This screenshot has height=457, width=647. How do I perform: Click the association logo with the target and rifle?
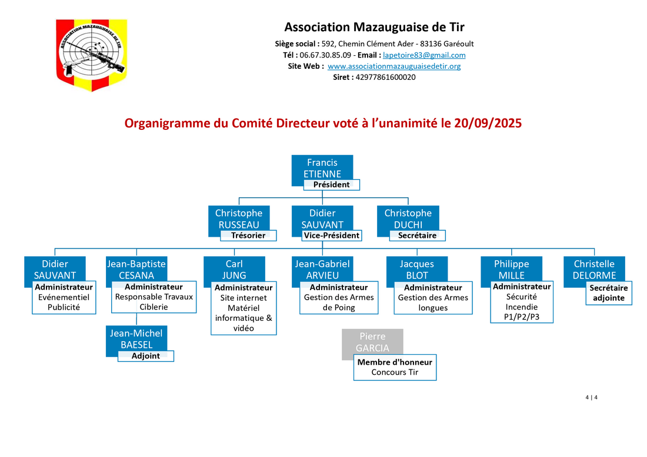(x=91, y=55)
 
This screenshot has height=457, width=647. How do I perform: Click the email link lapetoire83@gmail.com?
(x=424, y=55)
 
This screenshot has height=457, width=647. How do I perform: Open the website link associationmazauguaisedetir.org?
(x=394, y=66)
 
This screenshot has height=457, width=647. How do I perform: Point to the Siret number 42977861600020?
(x=385, y=77)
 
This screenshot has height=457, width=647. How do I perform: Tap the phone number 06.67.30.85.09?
(x=325, y=55)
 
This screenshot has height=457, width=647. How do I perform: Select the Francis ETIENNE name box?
(x=322, y=168)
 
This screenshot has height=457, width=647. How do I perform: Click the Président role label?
(x=331, y=184)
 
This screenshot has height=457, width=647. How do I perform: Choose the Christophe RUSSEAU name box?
(x=239, y=219)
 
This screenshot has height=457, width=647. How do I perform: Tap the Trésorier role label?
(x=248, y=236)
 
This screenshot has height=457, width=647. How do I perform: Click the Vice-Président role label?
(x=332, y=236)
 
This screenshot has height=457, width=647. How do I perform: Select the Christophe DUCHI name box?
(x=408, y=219)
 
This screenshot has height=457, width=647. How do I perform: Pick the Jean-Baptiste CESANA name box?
(x=136, y=270)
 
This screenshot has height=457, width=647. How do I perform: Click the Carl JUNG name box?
(x=234, y=270)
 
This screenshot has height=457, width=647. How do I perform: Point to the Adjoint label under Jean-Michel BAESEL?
(x=146, y=356)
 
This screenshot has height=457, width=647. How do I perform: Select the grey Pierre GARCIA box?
(x=372, y=342)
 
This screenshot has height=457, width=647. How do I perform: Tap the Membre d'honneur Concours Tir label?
(x=395, y=367)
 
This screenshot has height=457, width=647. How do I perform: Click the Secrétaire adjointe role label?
(x=609, y=293)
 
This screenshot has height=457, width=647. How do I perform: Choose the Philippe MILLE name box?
(x=512, y=270)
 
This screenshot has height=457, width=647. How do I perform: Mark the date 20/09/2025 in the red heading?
(x=488, y=123)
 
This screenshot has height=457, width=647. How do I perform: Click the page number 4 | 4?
(x=591, y=398)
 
